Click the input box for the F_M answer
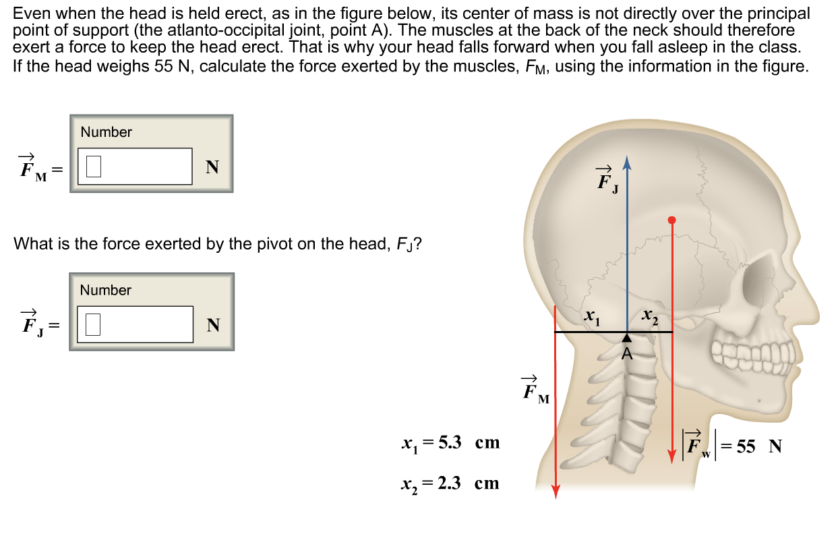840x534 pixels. point(135,167)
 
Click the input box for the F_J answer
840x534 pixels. point(135,325)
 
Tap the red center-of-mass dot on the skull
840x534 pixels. point(671,220)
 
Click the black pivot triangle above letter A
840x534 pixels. point(628,337)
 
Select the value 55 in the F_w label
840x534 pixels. point(746,446)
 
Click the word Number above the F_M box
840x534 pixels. point(106,132)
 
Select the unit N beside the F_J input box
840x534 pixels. point(213,326)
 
